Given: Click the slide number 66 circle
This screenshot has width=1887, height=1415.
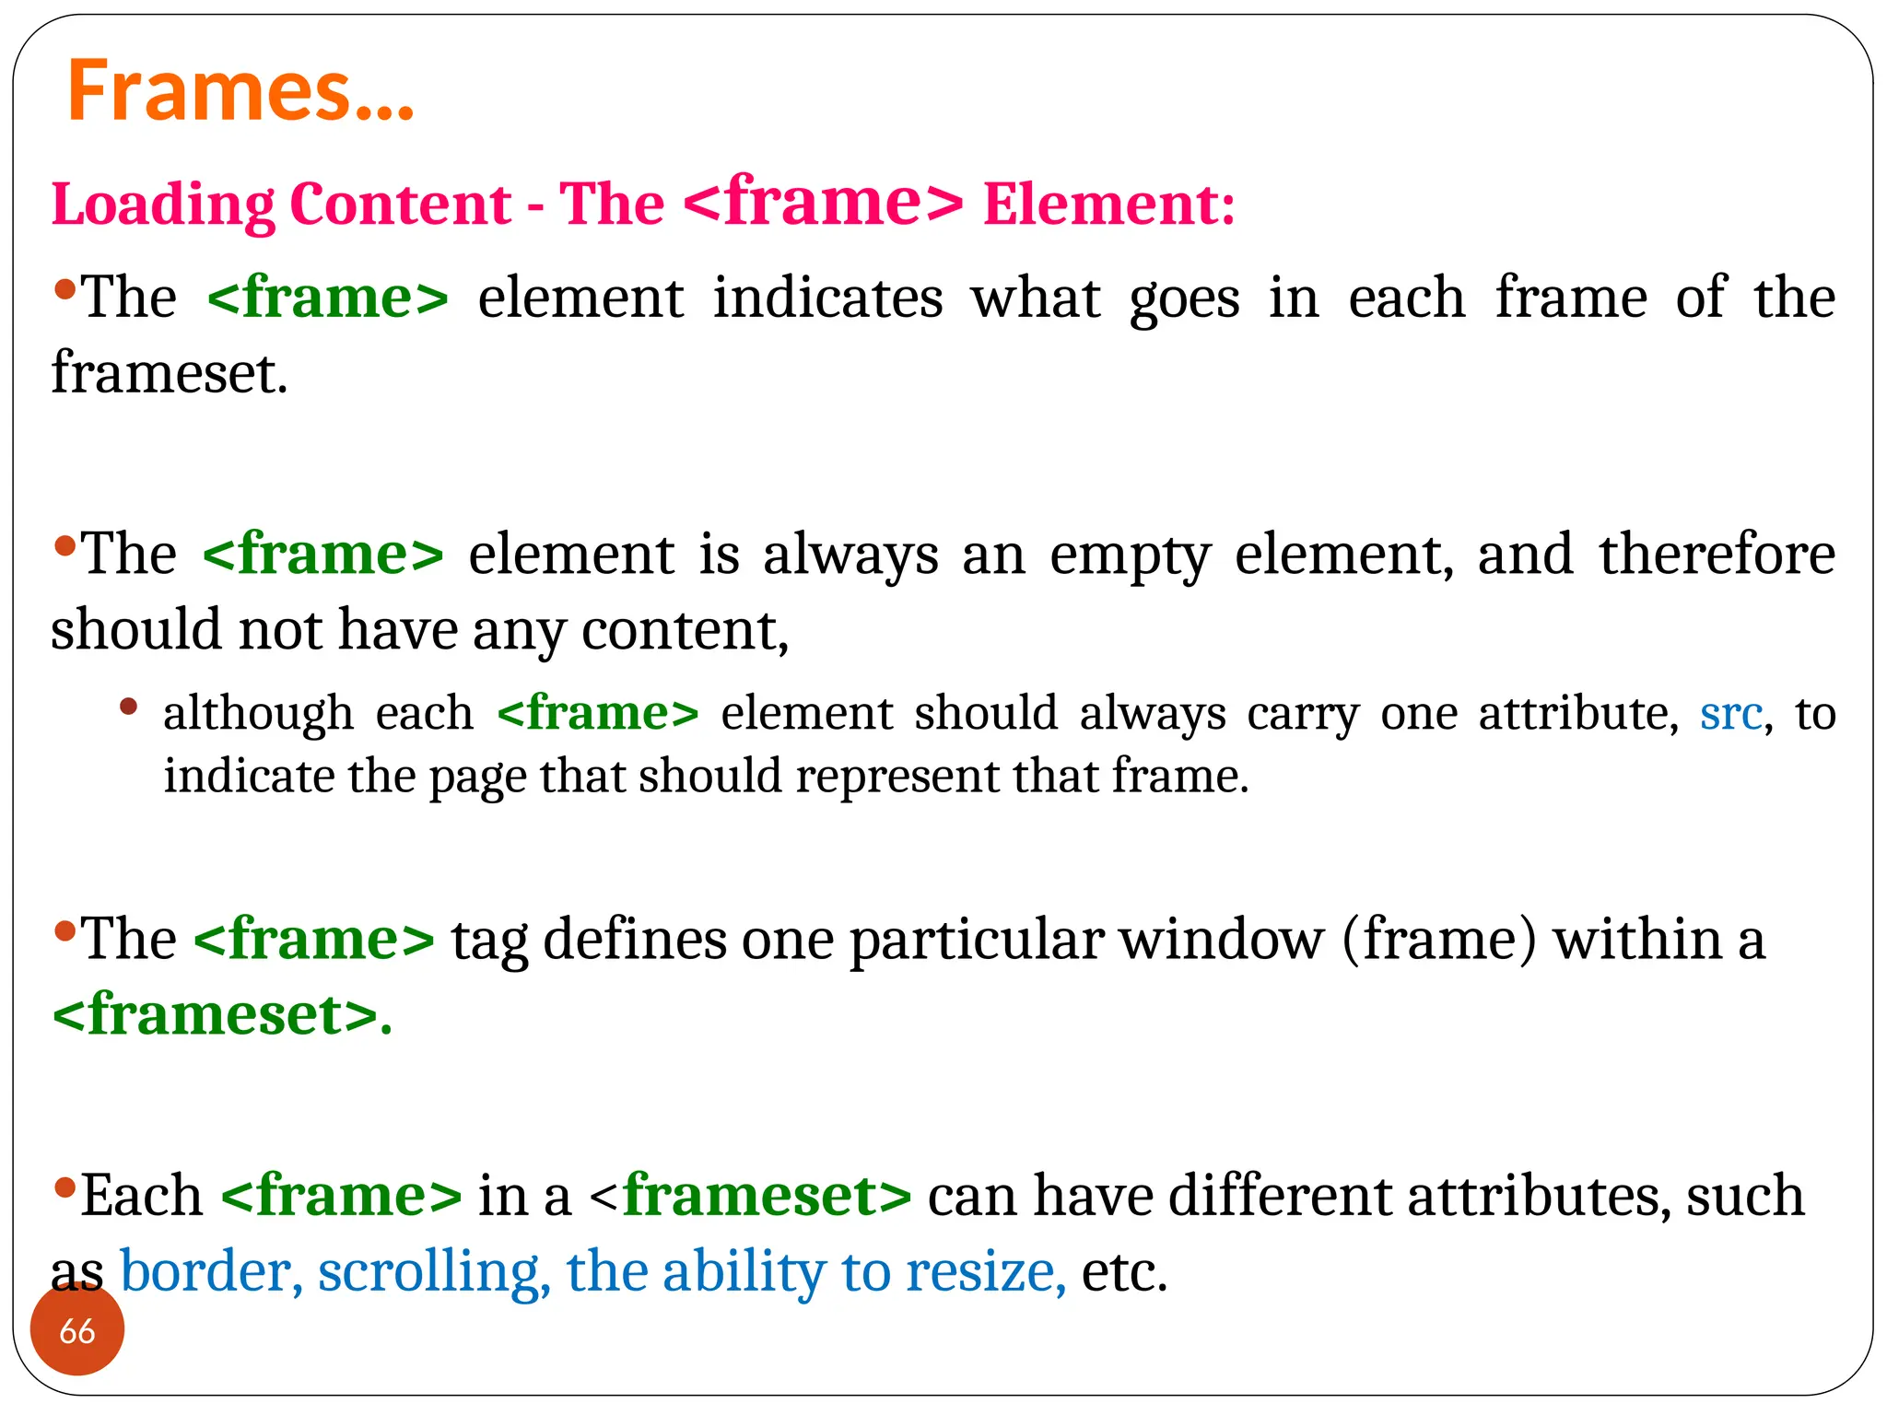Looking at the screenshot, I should (x=77, y=1330).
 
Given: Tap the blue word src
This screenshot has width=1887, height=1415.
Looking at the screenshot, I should (x=1730, y=714).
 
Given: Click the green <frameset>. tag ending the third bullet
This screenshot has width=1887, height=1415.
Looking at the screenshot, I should (x=222, y=1015).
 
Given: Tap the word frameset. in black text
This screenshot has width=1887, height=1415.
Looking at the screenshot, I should (x=170, y=373).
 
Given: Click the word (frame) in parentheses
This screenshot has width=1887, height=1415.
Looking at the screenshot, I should (x=1439, y=940).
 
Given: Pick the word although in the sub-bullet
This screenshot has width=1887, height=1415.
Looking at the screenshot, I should (x=258, y=714).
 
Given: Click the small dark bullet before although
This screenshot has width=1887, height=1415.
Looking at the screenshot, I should (x=129, y=707).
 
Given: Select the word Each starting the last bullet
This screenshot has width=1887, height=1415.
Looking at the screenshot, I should (x=142, y=1196).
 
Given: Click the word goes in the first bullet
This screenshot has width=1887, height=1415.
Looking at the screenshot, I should (x=1184, y=300).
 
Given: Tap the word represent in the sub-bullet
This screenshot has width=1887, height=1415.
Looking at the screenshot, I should (x=897, y=776).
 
